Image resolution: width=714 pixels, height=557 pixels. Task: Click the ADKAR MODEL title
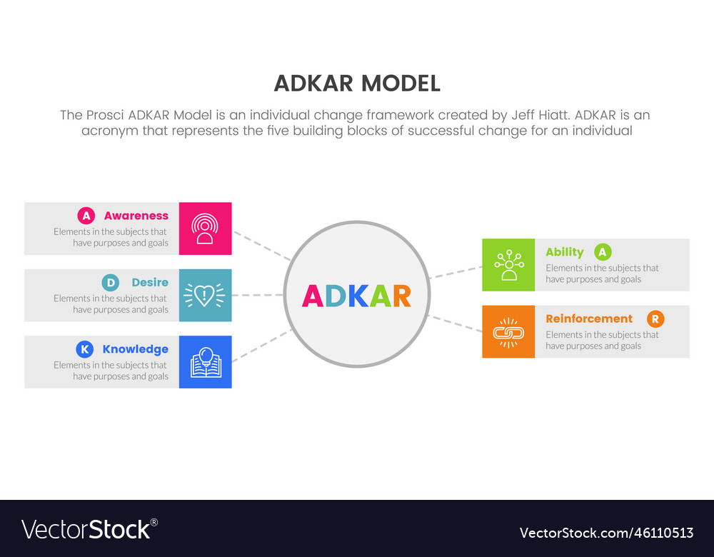click(357, 84)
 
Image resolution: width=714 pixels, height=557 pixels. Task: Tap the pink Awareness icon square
click(205, 229)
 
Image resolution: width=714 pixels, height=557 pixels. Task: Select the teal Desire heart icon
click(205, 295)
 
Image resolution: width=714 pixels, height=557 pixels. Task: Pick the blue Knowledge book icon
click(205, 362)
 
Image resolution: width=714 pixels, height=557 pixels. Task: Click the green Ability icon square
click(508, 265)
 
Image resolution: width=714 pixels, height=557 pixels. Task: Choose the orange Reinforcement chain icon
click(508, 331)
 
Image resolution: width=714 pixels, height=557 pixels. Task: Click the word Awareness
click(136, 216)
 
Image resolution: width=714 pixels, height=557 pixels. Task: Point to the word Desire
click(150, 283)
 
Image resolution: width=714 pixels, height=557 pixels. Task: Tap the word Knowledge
click(135, 349)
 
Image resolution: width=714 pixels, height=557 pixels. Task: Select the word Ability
click(564, 252)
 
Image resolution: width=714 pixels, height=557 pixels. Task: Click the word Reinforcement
click(589, 318)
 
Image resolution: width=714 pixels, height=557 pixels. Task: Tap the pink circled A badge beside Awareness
click(86, 216)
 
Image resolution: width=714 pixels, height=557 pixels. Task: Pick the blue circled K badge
click(84, 349)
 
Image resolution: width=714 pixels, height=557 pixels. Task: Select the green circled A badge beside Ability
click(603, 252)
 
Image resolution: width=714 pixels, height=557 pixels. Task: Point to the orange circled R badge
click(655, 319)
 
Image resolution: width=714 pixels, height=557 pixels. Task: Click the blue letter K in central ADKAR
click(358, 296)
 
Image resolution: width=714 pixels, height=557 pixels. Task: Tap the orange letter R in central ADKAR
click(401, 296)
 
